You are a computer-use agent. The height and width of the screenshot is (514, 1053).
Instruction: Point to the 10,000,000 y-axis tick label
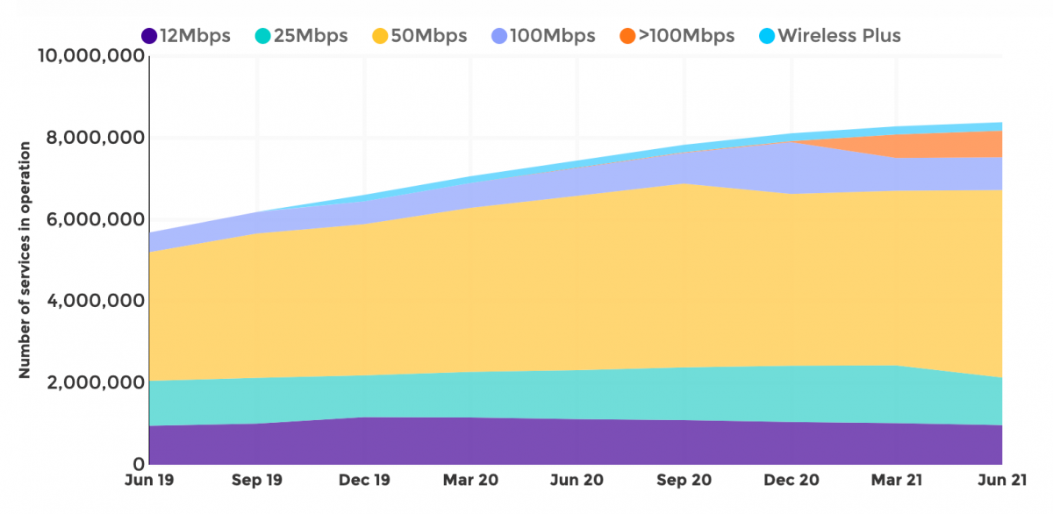(91, 57)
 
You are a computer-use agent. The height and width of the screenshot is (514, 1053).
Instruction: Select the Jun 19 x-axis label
(149, 481)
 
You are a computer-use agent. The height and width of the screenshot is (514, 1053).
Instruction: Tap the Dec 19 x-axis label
(364, 481)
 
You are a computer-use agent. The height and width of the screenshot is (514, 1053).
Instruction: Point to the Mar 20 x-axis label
(471, 481)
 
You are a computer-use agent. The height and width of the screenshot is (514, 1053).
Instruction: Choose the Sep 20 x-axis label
(684, 481)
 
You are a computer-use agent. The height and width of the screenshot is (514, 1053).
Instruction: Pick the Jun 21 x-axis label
(1001, 481)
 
